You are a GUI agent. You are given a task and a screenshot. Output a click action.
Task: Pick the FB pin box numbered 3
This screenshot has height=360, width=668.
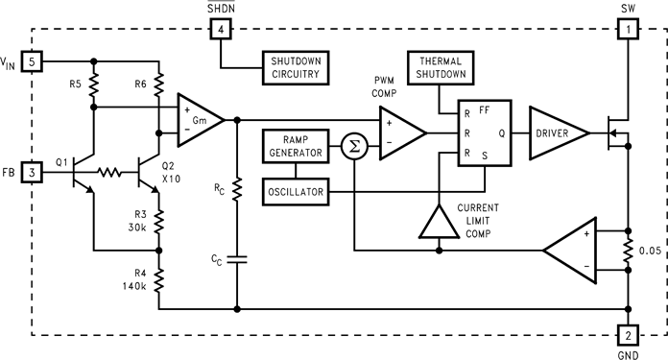coord(33,173)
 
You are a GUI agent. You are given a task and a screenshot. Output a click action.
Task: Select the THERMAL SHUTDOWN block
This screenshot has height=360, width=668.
coord(440,68)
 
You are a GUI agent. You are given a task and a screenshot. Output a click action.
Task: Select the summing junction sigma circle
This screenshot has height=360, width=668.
coord(354,148)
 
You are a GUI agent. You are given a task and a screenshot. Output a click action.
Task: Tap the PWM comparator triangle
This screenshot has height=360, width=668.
coord(401,133)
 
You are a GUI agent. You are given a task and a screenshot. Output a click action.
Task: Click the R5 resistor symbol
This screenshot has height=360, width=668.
coord(94,86)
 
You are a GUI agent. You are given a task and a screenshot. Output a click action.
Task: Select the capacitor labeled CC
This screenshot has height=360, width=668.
coord(237,257)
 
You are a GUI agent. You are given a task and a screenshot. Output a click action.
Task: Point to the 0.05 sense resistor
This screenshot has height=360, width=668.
coord(629,252)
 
